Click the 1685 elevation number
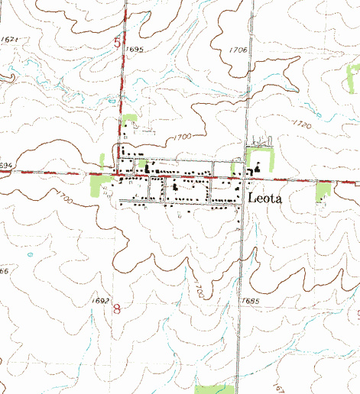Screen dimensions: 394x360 (248, 302)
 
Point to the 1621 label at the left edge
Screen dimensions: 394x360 (10, 38)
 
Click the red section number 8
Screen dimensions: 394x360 (117, 309)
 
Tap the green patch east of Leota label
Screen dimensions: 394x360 (323, 192)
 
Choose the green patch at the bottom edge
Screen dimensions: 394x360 (215, 389)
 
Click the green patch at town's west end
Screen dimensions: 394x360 (100, 185)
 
